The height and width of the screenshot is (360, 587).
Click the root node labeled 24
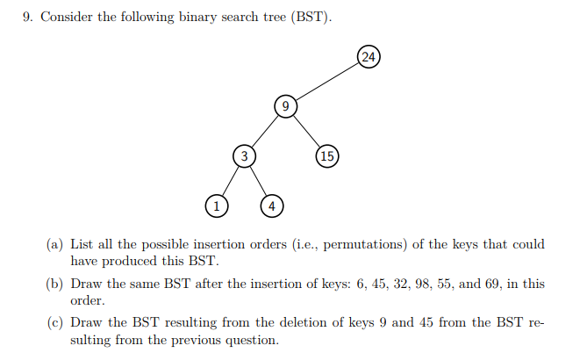[369, 57]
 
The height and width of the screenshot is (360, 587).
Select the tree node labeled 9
[286, 106]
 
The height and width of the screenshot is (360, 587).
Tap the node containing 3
[245, 155]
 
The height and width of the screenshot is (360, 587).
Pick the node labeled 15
[327, 155]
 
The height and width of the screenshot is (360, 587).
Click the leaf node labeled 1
[217, 206]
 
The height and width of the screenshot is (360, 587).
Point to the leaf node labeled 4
[272, 206]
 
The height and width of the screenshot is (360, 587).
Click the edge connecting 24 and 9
[327, 82]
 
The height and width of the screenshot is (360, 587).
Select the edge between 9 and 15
[306, 131]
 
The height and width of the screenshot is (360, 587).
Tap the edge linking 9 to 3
[265, 131]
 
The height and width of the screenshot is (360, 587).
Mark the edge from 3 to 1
[231, 181]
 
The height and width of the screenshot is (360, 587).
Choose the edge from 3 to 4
[258, 181]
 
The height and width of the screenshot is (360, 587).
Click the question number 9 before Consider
[28, 17]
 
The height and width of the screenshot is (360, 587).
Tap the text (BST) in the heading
[311, 17]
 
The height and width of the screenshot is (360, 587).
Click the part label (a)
[54, 245]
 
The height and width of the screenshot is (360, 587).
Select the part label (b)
[54, 284]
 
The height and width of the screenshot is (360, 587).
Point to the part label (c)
[54, 322]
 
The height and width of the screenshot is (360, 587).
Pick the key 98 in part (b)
[422, 284]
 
